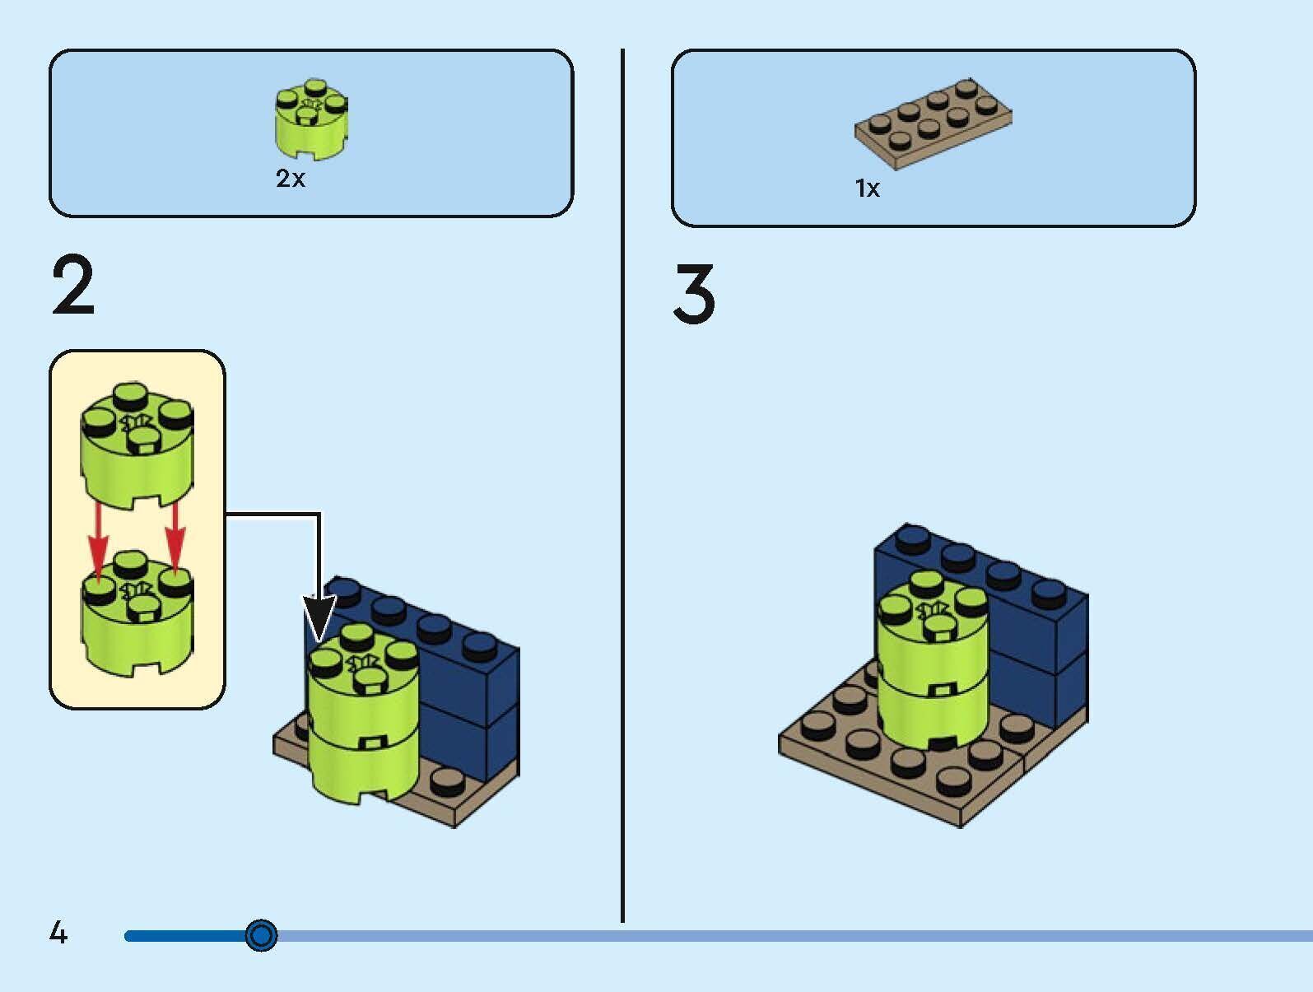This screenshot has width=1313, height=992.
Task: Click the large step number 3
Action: tap(694, 294)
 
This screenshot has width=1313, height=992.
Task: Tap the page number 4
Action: tap(58, 933)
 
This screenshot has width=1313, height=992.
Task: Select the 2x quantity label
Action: tap(290, 179)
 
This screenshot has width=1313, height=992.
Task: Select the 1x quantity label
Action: tap(868, 189)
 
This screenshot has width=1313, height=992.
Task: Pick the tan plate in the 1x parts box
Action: tap(933, 123)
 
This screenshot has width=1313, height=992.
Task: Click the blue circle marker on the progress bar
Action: tap(262, 935)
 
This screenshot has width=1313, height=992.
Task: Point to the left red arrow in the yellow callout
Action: tap(98, 538)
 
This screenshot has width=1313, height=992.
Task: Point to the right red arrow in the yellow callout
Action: tap(175, 538)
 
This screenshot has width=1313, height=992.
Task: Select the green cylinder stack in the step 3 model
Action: tap(932, 667)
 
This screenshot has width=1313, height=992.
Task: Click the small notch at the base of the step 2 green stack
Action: tap(373, 794)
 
